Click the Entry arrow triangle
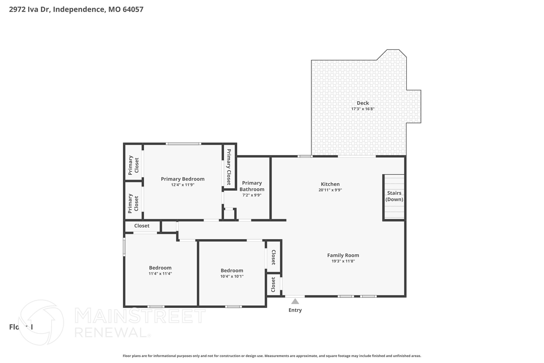tap(295, 301)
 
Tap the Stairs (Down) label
tap(394, 196)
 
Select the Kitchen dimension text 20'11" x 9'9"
tap(330, 190)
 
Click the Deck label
tap(363, 103)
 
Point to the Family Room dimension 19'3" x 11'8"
tap(343, 261)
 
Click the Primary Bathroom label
tap(252, 186)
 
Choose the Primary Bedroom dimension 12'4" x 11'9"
tap(182, 185)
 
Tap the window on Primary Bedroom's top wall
tap(183, 144)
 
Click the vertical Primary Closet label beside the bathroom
tap(229, 167)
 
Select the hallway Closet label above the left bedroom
tap(142, 226)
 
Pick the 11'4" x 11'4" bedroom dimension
tap(160, 274)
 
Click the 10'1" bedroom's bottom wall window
tap(233, 307)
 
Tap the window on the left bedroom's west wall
tap(124, 247)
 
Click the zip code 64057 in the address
tap(133, 10)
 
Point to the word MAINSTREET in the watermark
tap(140, 316)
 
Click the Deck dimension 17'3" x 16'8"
tap(363, 109)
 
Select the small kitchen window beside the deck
tap(305, 156)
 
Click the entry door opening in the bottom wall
tap(295, 296)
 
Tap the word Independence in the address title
tap(79, 10)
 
